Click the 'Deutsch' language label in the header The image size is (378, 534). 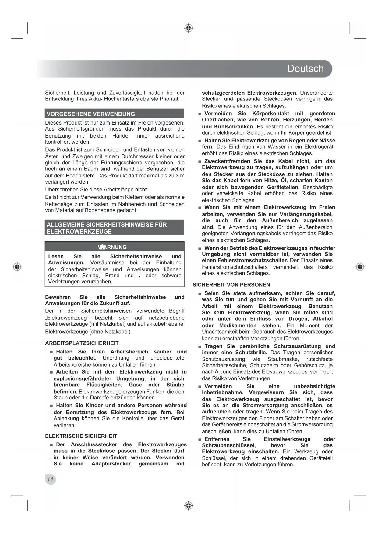click(x=305, y=69)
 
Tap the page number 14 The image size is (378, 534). click(x=50, y=480)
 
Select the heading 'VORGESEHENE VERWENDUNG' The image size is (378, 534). click(x=91, y=114)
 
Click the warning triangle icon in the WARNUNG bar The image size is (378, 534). click(x=101, y=247)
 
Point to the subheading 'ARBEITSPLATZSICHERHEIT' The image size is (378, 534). click(x=82, y=343)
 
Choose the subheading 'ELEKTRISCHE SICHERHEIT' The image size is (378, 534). click(x=81, y=436)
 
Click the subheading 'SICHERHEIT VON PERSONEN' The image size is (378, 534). click(x=231, y=285)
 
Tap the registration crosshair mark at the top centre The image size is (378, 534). click(x=189, y=28)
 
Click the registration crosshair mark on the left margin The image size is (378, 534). click(x=17, y=267)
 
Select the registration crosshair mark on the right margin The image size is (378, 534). click(x=360, y=267)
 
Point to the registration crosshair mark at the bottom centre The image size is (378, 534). click(x=189, y=505)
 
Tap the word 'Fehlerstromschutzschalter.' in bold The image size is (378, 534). click(x=253, y=260)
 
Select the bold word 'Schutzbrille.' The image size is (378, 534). click(x=251, y=353)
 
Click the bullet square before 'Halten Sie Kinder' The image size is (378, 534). click(x=51, y=406)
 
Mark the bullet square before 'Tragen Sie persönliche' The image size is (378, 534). click(x=200, y=347)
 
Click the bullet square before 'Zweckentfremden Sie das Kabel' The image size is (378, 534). click(x=200, y=162)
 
